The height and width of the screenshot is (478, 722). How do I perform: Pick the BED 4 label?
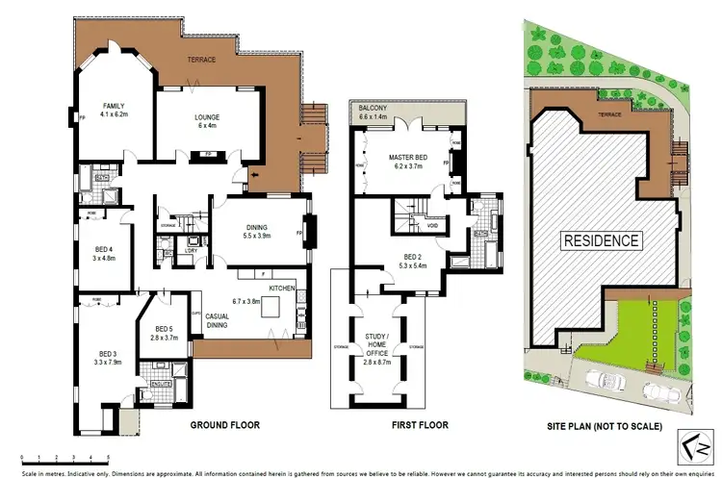tap(102, 252)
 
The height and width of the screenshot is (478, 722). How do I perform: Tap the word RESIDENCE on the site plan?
tap(602, 240)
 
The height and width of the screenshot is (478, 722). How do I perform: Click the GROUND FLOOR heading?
tap(224, 424)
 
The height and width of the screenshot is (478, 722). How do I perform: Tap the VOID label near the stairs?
tap(418, 227)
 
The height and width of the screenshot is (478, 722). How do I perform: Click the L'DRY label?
tap(192, 251)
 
